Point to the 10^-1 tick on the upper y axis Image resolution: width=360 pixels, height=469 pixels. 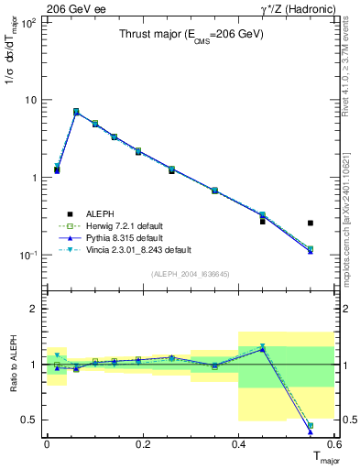click(29, 255)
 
